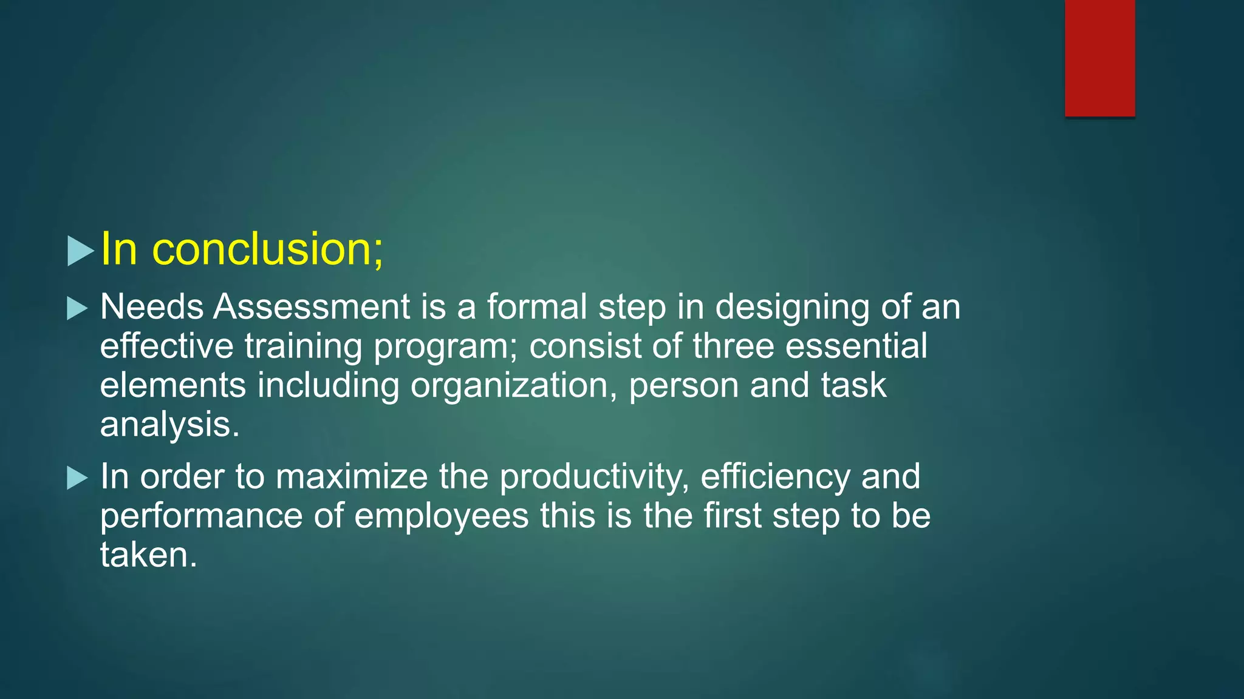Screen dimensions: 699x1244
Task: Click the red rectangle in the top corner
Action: pyautogui.click(x=1099, y=58)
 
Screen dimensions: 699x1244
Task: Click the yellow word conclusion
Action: pyautogui.click(x=268, y=249)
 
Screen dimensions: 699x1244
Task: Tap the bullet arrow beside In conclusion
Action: pyautogui.click(x=80, y=251)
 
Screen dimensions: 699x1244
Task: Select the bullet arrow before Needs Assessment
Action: pyautogui.click(x=77, y=308)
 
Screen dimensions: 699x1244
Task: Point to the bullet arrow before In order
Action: pyautogui.click(x=77, y=478)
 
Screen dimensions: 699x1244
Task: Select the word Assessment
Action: pyautogui.click(x=312, y=307)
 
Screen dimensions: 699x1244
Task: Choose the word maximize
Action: pyautogui.click(x=352, y=477)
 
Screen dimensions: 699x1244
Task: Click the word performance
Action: pyautogui.click(x=201, y=517)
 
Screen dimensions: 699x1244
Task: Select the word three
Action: pyautogui.click(x=733, y=346)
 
